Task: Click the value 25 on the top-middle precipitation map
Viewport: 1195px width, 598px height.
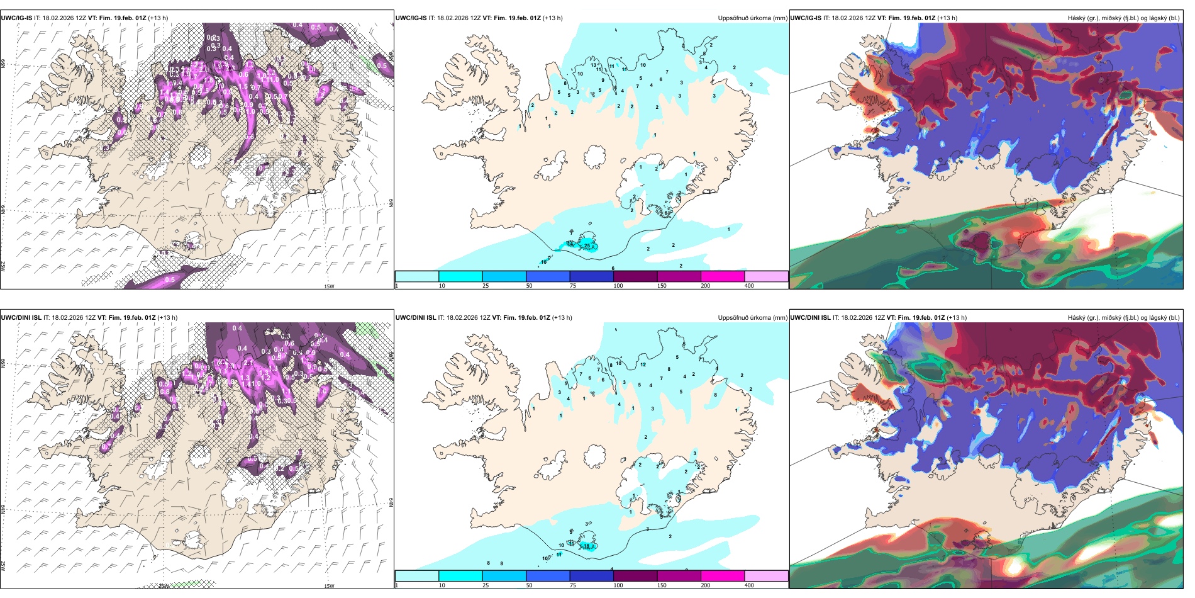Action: pos(587,246)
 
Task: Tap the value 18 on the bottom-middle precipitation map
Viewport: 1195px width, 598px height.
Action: pos(587,546)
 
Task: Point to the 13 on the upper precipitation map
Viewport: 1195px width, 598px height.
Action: pos(594,65)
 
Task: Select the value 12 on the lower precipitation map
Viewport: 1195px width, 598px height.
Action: pos(643,364)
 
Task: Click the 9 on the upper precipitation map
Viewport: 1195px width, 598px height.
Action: pos(603,81)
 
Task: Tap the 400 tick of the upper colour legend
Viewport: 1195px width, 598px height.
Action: pos(749,286)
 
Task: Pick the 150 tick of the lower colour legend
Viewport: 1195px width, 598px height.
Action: pos(662,585)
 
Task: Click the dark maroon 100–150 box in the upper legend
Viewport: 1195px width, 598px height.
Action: pos(635,276)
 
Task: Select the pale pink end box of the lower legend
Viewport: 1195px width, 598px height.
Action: pos(766,576)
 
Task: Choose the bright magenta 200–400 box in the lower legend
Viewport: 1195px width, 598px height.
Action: pos(723,576)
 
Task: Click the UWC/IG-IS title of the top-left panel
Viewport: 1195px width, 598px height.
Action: pos(16,18)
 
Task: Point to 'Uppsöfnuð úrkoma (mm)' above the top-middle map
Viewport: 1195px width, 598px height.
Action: pos(752,18)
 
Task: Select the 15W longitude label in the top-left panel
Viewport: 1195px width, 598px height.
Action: pos(328,286)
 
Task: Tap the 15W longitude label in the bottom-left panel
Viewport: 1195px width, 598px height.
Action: pos(328,586)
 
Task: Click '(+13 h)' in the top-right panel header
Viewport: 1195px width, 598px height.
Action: pos(947,18)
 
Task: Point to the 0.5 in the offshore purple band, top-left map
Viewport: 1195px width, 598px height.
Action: pos(170,279)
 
